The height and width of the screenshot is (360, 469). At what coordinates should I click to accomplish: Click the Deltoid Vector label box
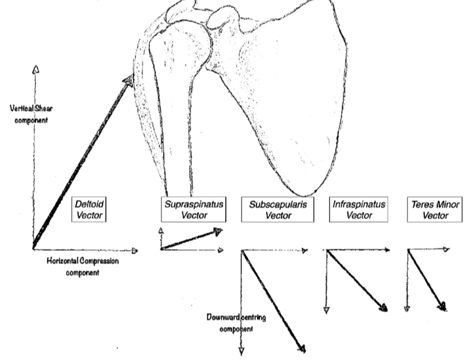[x=88, y=210]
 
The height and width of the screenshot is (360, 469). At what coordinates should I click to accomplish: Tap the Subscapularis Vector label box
[x=277, y=210]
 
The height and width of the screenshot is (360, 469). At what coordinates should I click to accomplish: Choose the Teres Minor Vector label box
[x=436, y=210]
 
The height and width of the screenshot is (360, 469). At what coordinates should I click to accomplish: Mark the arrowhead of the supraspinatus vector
[x=219, y=232]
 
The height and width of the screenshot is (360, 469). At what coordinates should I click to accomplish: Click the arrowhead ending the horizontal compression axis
[x=135, y=251]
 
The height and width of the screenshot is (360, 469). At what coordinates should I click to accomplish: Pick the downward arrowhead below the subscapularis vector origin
[x=241, y=350]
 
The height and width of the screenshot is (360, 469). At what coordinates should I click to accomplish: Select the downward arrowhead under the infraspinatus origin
[x=326, y=310]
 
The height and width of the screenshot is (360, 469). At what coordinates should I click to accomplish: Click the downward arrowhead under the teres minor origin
[x=407, y=309]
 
